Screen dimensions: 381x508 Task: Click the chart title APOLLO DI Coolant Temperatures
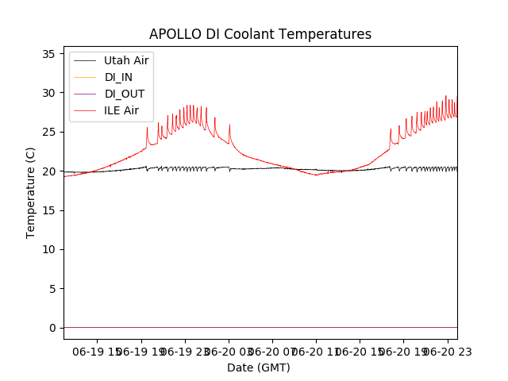(x=260, y=34)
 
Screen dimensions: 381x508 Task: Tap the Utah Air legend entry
(x=126, y=60)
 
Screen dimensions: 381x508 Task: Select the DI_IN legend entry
(x=120, y=77)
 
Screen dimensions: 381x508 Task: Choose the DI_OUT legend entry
(x=124, y=94)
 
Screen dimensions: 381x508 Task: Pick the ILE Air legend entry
(x=121, y=110)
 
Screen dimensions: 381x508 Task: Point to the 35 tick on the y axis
(x=48, y=54)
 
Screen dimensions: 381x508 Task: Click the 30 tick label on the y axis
(x=48, y=93)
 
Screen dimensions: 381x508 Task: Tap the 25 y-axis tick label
(x=48, y=132)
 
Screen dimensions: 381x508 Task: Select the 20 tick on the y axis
(x=48, y=171)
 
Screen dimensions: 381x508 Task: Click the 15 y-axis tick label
(x=48, y=210)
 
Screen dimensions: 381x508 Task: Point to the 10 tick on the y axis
(x=48, y=249)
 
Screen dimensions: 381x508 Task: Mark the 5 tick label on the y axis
(x=52, y=288)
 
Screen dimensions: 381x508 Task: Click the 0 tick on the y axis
(x=52, y=328)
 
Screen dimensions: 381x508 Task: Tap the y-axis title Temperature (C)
(x=31, y=192)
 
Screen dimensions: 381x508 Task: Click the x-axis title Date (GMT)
(x=259, y=368)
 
